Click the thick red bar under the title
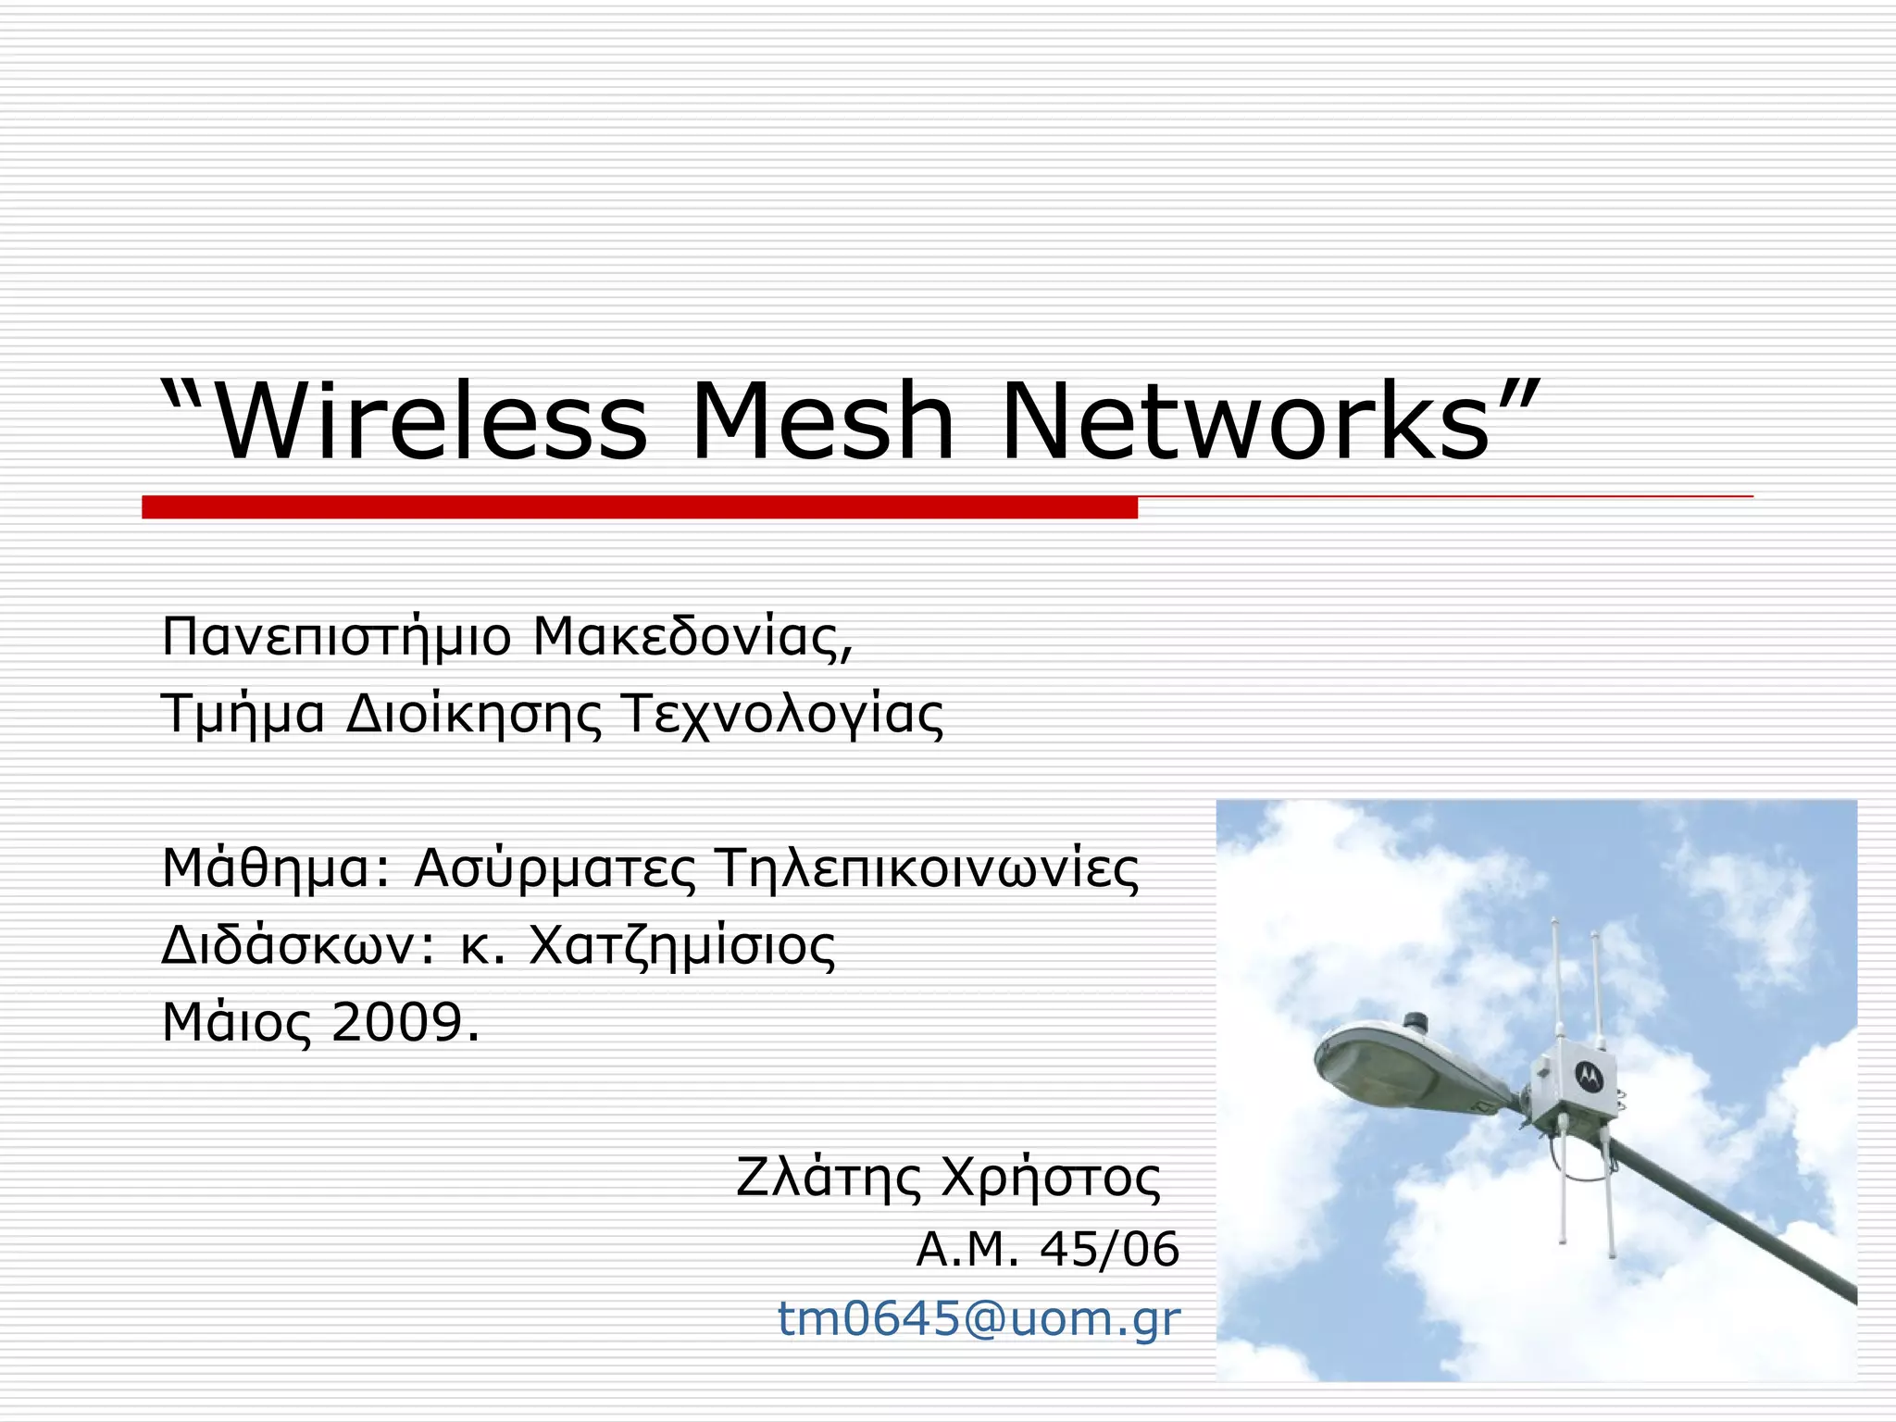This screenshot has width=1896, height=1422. (639, 507)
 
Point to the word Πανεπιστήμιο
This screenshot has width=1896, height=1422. (336, 639)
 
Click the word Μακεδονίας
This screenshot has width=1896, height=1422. (692, 637)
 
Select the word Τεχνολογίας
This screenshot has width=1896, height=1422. (783, 715)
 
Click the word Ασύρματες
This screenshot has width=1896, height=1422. (555, 870)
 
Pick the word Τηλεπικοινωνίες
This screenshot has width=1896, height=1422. (927, 868)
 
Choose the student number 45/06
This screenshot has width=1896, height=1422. (1109, 1250)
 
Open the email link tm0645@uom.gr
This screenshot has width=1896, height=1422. (979, 1318)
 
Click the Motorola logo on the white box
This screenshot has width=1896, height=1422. (1589, 1075)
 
